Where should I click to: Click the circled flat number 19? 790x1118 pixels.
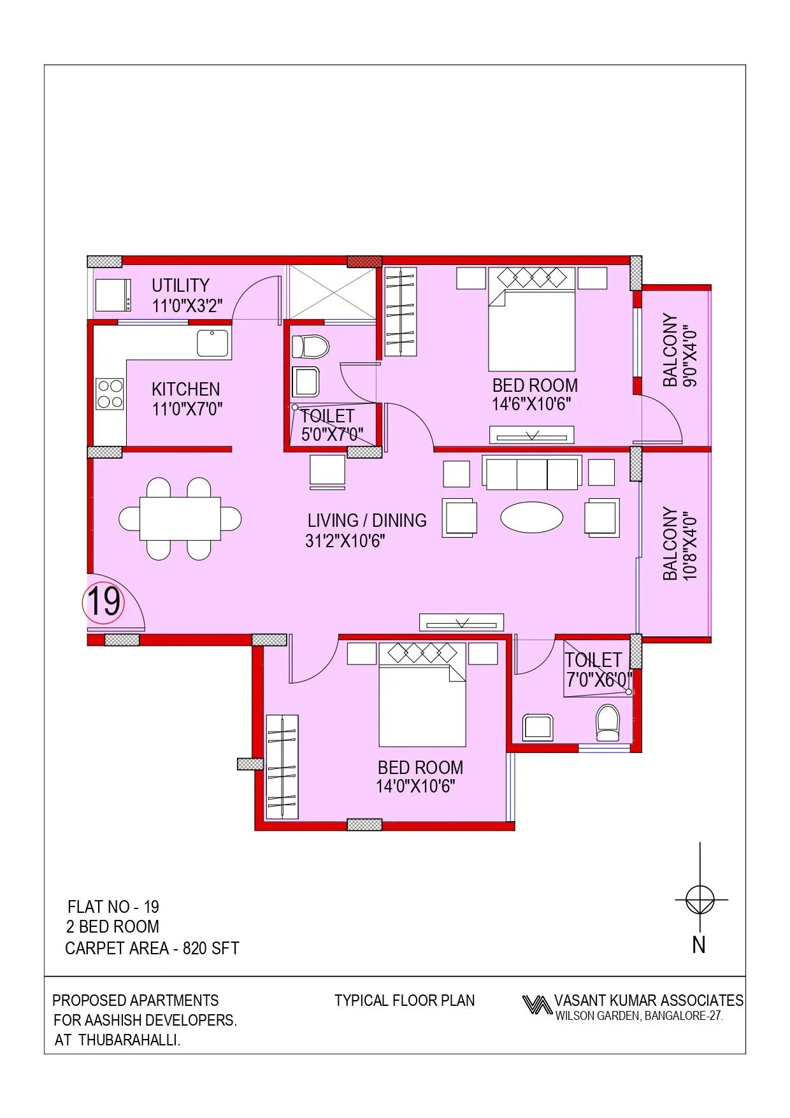(103, 602)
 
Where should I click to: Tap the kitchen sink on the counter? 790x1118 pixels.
(212, 343)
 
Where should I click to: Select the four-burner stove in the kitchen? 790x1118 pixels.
(110, 394)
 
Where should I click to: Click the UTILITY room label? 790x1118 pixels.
(180, 285)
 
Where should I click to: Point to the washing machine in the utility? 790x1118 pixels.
(113, 296)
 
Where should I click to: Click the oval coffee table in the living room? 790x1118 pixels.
(531, 517)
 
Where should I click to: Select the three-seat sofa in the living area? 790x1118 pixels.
(531, 473)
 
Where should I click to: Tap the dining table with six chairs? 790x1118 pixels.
(180, 519)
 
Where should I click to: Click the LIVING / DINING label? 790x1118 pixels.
(366, 521)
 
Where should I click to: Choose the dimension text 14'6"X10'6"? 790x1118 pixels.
(531, 405)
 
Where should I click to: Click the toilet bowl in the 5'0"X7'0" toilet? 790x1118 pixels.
(310, 347)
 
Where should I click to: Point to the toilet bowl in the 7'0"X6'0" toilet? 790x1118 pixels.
(607, 723)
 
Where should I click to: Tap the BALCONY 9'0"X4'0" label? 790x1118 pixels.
(679, 350)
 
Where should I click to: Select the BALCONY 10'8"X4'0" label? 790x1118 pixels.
(679, 544)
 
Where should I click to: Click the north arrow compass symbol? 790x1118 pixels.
(700, 900)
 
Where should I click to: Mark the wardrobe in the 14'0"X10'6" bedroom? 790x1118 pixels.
(282, 767)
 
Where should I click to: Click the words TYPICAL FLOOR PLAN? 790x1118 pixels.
(405, 1001)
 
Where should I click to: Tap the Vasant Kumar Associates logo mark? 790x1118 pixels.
(536, 1005)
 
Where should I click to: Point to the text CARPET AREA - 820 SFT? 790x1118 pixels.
(152, 949)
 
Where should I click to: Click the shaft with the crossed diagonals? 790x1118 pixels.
(333, 292)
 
